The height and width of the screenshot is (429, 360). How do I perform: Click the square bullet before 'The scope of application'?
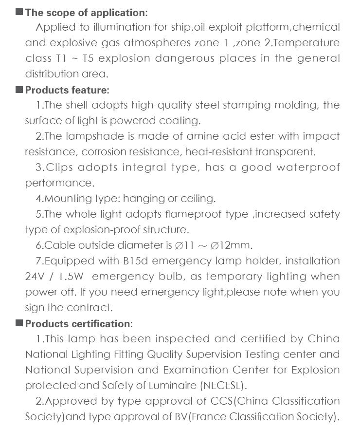pyautogui.click(x=19, y=12)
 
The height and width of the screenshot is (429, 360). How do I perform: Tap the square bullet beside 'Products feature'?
pyautogui.click(x=19, y=90)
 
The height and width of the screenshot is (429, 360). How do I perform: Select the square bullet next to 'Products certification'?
pyautogui.click(x=19, y=323)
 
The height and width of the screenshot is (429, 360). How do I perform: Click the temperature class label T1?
pyautogui.click(x=59, y=58)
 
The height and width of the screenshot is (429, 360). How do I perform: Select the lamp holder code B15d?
pyautogui.click(x=136, y=261)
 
